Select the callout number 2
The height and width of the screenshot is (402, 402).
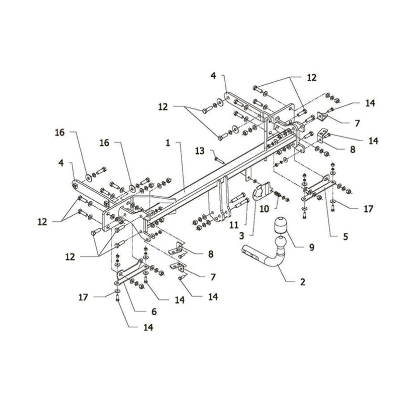coord(302,282)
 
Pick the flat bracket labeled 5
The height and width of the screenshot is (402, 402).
coord(318,188)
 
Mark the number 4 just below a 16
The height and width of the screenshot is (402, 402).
coord(61,163)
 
